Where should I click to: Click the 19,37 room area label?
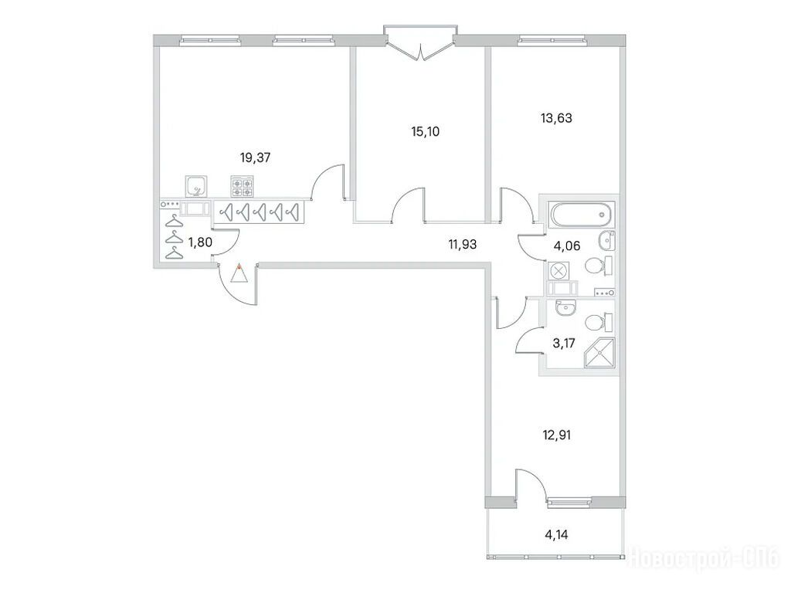point(255,158)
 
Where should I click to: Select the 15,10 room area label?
point(426,132)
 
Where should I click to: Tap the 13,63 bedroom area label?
point(556,118)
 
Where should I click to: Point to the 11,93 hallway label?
point(463,245)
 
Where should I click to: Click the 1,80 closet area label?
point(200,243)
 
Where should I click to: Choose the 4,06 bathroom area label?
point(566,246)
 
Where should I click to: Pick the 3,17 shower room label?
point(564,344)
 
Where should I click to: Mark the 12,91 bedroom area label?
point(557,435)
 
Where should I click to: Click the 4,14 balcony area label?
point(556,534)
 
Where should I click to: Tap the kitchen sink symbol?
point(196,186)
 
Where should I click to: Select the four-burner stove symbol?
point(242,187)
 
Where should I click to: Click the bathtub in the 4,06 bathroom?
point(582,215)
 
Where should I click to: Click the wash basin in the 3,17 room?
point(565,307)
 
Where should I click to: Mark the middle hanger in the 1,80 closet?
point(174,238)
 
